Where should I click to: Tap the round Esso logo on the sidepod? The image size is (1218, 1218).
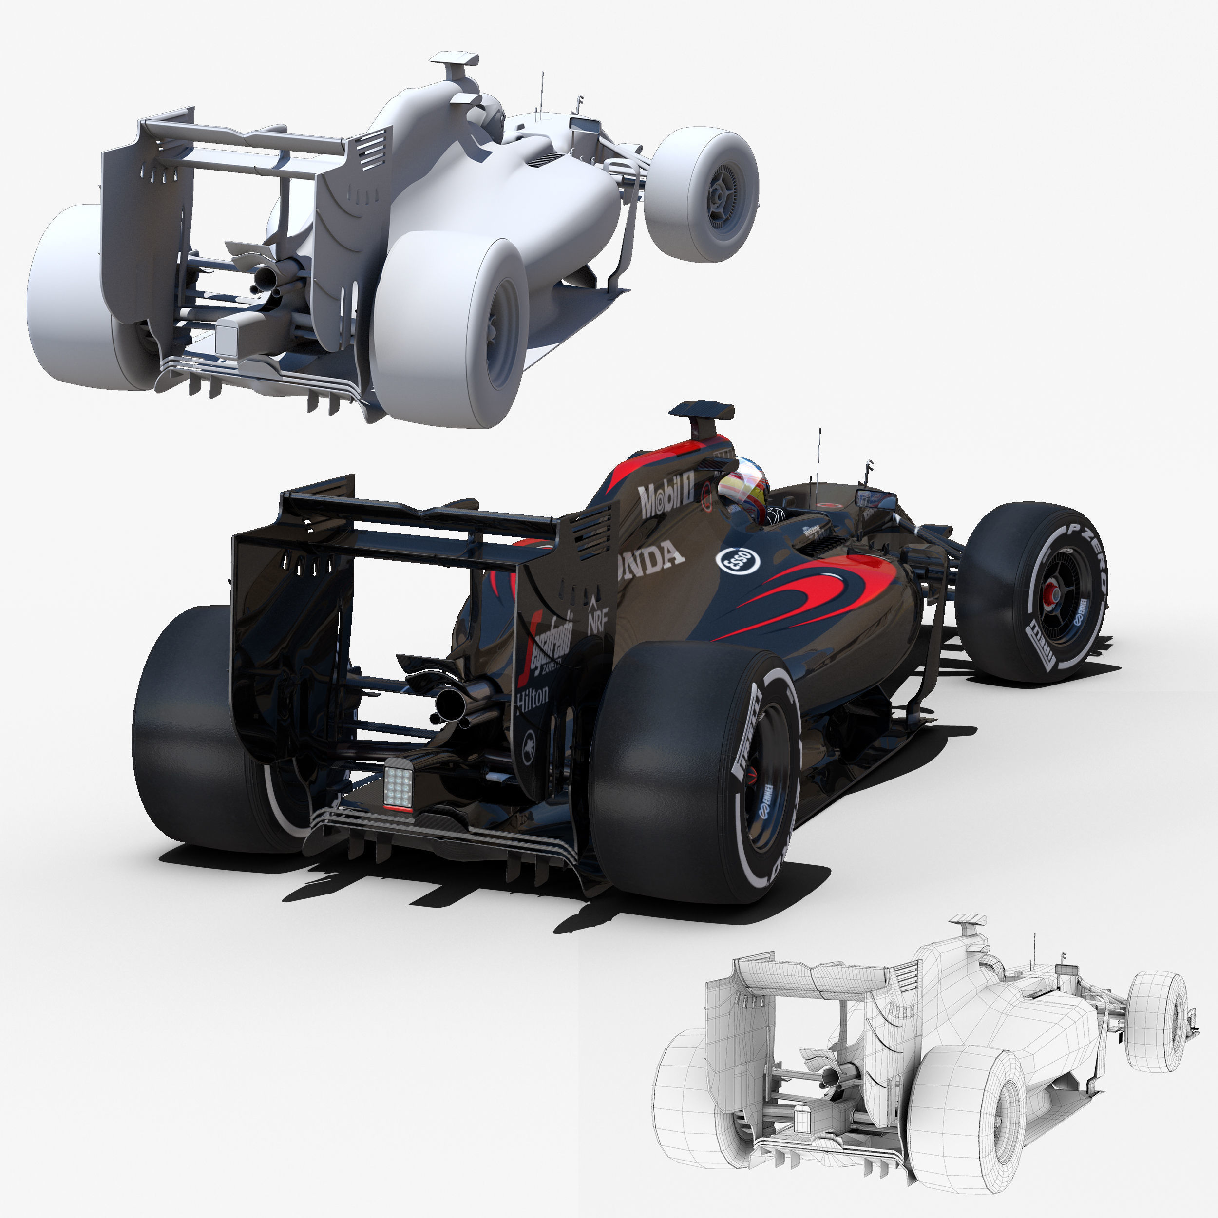pyautogui.click(x=738, y=560)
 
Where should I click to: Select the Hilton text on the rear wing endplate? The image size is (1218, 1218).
pyautogui.click(x=532, y=699)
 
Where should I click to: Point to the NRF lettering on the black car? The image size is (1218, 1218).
pyautogui.click(x=596, y=621)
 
